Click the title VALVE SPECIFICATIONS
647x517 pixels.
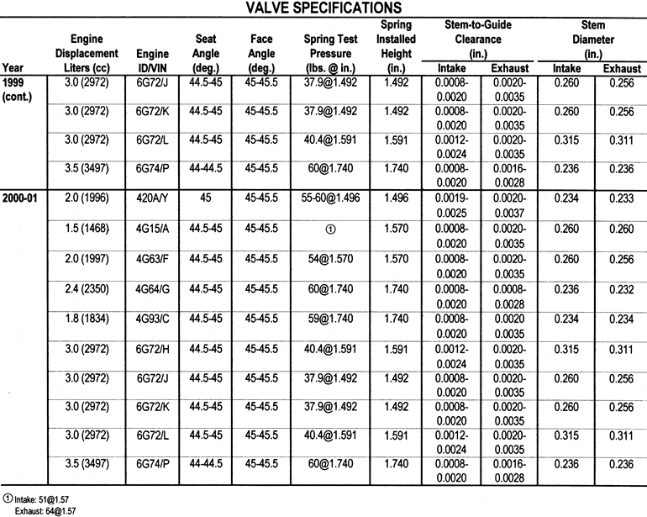click(x=323, y=9)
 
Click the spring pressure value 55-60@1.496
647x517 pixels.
click(x=331, y=198)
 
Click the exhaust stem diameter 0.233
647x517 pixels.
click(x=620, y=198)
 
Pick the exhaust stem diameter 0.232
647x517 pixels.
click(x=620, y=289)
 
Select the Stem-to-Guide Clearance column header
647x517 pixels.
click(x=477, y=39)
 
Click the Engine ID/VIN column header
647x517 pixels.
click(x=151, y=54)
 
